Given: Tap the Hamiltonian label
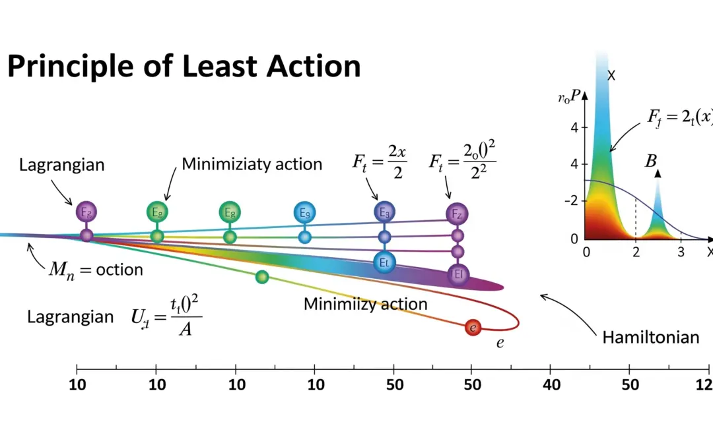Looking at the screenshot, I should point(650,338).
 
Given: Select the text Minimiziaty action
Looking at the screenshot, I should point(252,163).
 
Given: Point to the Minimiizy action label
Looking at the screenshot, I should point(365,304).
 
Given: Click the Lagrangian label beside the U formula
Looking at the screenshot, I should point(70,316).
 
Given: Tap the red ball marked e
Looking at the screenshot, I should point(472,327).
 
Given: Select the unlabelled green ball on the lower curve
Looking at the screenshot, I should point(262,277).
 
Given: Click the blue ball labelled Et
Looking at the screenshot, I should point(384,261).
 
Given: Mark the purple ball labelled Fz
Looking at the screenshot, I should point(456,214).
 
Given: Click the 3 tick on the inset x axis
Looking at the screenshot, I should point(681,251).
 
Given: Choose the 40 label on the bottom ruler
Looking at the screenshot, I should point(551,384).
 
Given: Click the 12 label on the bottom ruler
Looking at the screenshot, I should point(706,384).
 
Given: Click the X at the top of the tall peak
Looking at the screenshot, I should point(611,76).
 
